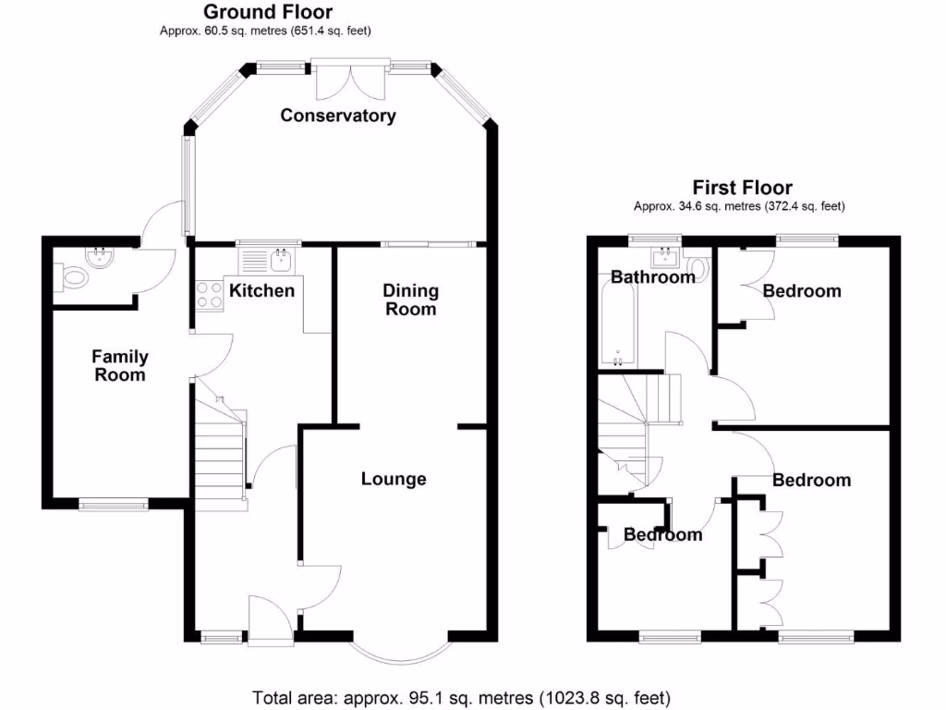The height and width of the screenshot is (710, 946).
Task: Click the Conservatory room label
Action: (338, 116)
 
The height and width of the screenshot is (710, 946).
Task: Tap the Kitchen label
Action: (261, 291)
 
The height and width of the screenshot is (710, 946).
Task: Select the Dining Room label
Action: (411, 300)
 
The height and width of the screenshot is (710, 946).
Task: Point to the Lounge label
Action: (394, 479)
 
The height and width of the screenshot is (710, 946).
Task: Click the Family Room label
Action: (120, 366)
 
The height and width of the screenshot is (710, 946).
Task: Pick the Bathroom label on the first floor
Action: (652, 276)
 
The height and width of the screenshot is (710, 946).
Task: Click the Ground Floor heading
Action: (268, 12)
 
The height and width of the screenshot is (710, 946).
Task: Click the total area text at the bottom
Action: (461, 697)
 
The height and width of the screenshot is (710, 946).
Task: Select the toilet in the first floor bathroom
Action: (698, 269)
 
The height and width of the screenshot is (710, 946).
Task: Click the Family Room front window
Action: (113, 504)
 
